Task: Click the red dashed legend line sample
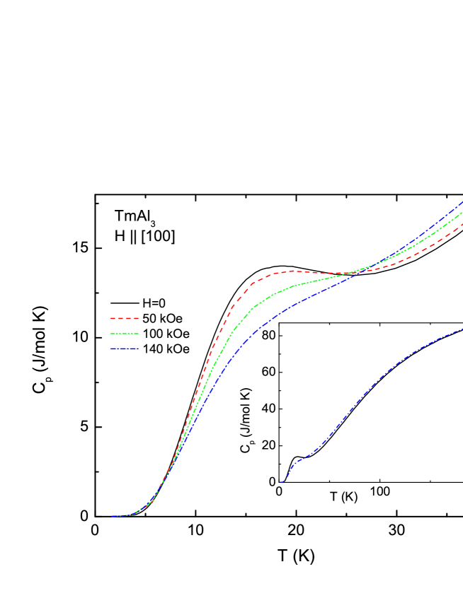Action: click(x=125, y=319)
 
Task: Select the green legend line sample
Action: click(x=125, y=334)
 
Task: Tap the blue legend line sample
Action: click(x=125, y=348)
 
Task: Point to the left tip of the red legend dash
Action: click(x=111, y=319)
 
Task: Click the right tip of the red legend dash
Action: click(x=139, y=319)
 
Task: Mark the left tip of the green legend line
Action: click(x=111, y=334)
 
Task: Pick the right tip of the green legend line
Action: click(x=139, y=334)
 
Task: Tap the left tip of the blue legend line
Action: click(x=111, y=348)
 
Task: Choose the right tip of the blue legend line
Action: click(x=139, y=348)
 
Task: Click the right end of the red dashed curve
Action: click(x=462, y=224)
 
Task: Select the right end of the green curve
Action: click(x=462, y=213)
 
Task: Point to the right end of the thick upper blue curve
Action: click(x=462, y=203)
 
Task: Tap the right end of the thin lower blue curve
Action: click(x=462, y=329)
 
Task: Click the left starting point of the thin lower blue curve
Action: click(x=281, y=483)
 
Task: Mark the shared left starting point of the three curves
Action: click(x=112, y=516)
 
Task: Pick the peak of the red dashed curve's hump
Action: click(x=292, y=271)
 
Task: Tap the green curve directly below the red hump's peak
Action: click(x=292, y=286)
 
